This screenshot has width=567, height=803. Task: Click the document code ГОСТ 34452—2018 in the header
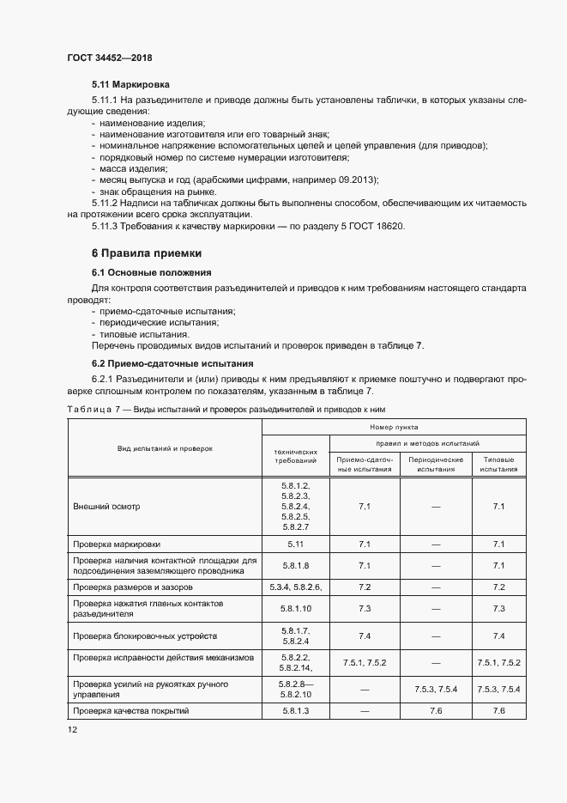click(x=110, y=58)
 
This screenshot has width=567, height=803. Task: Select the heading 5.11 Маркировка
click(x=130, y=85)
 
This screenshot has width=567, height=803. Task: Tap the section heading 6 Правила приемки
click(x=147, y=253)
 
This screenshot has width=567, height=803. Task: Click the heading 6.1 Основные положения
click(x=146, y=272)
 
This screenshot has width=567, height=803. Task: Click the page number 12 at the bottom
click(x=72, y=729)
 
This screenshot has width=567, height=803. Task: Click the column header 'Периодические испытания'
click(x=436, y=465)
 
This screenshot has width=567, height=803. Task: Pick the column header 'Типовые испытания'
click(x=499, y=465)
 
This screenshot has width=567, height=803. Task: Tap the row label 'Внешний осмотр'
click(x=106, y=507)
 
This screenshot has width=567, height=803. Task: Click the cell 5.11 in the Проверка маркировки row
click(x=295, y=544)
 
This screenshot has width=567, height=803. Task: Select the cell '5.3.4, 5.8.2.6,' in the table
click(x=295, y=587)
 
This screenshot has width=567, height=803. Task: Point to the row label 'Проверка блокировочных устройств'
click(x=145, y=636)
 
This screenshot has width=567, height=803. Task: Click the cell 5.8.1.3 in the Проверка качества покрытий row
click(x=295, y=711)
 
